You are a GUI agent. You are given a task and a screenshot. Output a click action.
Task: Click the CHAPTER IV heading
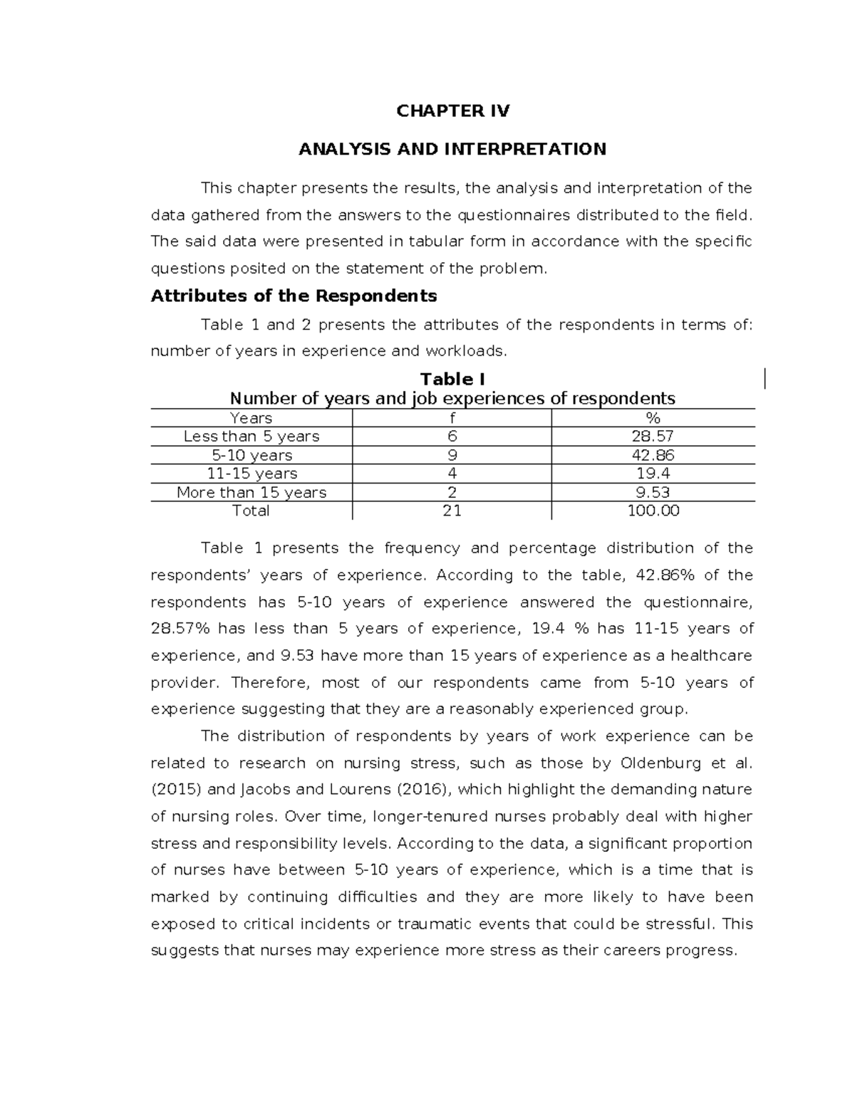pyautogui.click(x=452, y=110)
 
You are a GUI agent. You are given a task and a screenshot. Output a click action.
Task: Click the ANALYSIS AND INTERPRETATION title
pyautogui.click(x=452, y=149)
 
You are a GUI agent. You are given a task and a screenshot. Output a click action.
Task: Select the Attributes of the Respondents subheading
pyautogui.click(x=294, y=296)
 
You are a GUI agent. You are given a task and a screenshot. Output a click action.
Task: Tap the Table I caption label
pyautogui.click(x=452, y=379)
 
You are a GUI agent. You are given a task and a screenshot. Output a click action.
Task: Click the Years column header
pyautogui.click(x=251, y=418)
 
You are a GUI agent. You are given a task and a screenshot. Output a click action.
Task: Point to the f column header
pyautogui.click(x=452, y=418)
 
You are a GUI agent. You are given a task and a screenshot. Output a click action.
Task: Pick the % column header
pyautogui.click(x=653, y=418)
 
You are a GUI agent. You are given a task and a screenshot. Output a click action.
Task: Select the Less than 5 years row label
pyautogui.click(x=251, y=437)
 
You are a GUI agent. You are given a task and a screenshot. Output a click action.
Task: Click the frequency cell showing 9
pyautogui.click(x=452, y=455)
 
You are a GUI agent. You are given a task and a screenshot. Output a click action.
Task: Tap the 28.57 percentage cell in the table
pyautogui.click(x=653, y=437)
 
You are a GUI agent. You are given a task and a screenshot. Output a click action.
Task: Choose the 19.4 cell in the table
pyautogui.click(x=653, y=474)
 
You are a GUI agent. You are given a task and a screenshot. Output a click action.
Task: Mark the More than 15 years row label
pyautogui.click(x=251, y=492)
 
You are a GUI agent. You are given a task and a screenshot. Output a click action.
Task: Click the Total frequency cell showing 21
pyautogui.click(x=452, y=511)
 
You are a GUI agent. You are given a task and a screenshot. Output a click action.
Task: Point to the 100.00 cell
pyautogui.click(x=653, y=511)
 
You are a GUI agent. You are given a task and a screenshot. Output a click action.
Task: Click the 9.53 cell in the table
pyautogui.click(x=653, y=492)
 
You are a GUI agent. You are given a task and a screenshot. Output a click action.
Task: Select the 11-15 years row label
pyautogui.click(x=251, y=474)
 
